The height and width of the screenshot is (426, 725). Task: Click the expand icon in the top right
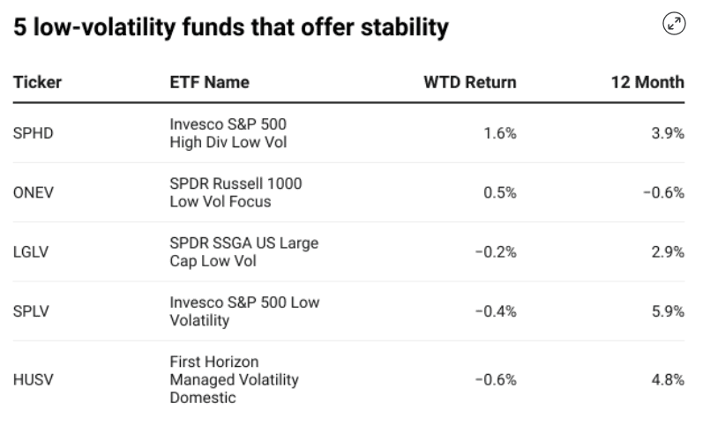(x=675, y=26)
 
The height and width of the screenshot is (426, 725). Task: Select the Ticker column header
(x=36, y=82)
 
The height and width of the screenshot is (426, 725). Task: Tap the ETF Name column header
(x=209, y=82)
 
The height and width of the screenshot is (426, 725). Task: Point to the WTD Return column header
(x=470, y=82)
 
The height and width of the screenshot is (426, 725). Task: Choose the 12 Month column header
(x=648, y=82)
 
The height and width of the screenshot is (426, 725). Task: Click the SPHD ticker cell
(x=32, y=133)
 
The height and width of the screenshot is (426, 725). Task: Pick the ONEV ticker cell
(x=32, y=193)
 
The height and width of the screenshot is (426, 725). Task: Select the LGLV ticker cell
(x=30, y=252)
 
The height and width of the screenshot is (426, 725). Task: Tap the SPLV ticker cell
(x=31, y=311)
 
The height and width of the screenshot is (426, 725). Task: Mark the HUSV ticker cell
(x=32, y=380)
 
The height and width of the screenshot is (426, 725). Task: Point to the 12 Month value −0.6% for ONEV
(x=662, y=193)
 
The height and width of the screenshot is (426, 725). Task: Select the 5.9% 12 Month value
(x=669, y=311)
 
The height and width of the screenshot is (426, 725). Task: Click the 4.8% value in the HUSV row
(x=669, y=380)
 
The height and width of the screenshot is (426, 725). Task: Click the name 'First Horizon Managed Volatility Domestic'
(x=234, y=380)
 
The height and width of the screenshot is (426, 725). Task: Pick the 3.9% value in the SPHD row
(x=669, y=133)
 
